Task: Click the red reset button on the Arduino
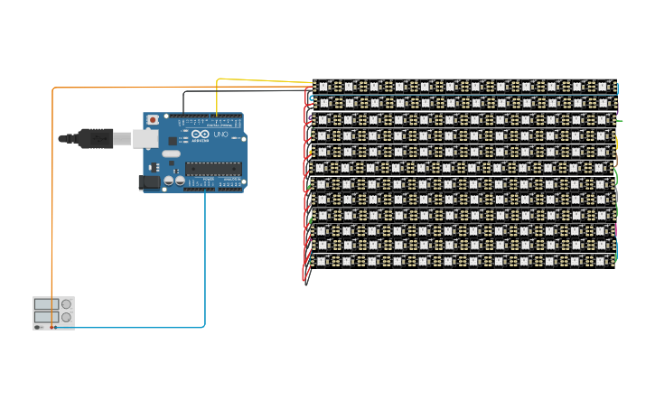pos(153,119)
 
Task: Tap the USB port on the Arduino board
pos(145,138)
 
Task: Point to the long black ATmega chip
pos(213,167)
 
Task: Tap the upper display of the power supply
pos(46,305)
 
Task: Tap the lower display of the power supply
pos(46,318)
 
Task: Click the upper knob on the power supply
pos(66,305)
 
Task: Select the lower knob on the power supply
pos(66,318)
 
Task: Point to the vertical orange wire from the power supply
pos(52,190)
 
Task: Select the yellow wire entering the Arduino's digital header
pos(217,99)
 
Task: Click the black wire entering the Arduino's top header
pos(184,101)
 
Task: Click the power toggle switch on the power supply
pos(39,327)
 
